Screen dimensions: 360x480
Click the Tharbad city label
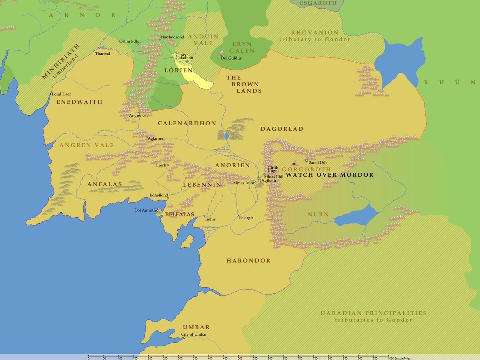click(x=103, y=53)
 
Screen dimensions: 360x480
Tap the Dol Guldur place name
click(x=231, y=58)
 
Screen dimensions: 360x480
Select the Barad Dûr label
click(x=318, y=162)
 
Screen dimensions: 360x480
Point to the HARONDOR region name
click(x=248, y=261)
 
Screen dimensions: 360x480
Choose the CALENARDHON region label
click(x=187, y=123)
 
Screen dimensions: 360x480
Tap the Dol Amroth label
click(x=145, y=210)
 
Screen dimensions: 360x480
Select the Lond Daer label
click(x=61, y=94)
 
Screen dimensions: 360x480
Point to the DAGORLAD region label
click(x=282, y=129)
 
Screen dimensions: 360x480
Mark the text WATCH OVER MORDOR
click(x=330, y=175)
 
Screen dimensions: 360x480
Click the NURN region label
click(x=318, y=214)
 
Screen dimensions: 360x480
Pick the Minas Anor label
click(x=244, y=183)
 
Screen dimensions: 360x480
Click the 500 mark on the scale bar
click(x=239, y=358)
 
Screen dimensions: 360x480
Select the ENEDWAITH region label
click(x=79, y=102)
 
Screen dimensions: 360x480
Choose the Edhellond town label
click(x=159, y=195)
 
